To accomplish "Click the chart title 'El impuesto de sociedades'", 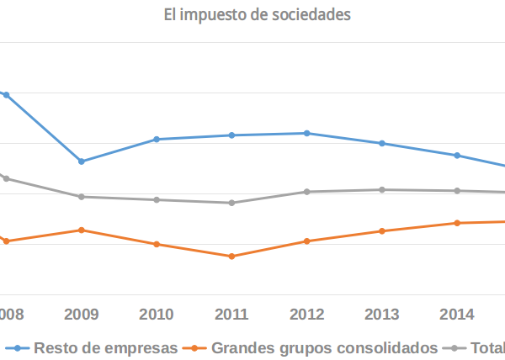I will click(x=257, y=14).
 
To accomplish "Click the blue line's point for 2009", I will click(x=82, y=161).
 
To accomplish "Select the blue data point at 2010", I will click(x=157, y=139).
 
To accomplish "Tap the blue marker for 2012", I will click(x=307, y=133).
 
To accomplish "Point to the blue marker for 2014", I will click(x=457, y=156).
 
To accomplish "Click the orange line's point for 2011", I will click(x=231, y=256).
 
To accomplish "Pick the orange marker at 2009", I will click(x=82, y=230).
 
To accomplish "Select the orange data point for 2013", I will click(x=382, y=230).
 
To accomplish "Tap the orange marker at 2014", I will click(x=457, y=223).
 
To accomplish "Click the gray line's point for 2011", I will click(x=231, y=203).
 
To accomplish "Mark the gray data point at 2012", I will click(x=307, y=192).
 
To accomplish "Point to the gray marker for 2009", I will click(x=82, y=197).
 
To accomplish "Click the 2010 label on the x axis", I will click(x=157, y=315).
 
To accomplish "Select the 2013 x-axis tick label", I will click(x=382, y=315).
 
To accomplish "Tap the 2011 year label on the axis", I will click(x=231, y=315).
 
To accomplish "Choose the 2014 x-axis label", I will click(x=457, y=315).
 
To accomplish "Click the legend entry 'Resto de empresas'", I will click(x=106, y=347).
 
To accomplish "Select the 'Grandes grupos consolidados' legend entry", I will click(x=325, y=347).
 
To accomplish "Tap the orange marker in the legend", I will click(x=196, y=347).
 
